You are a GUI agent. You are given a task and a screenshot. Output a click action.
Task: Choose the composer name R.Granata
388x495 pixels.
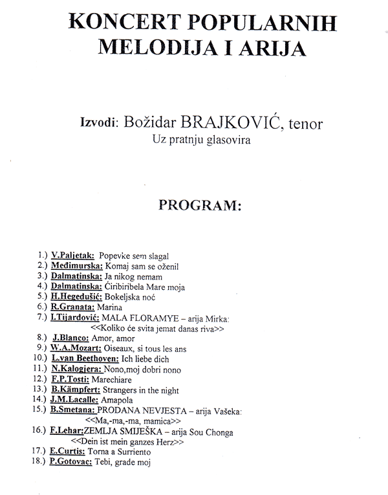click(73, 307)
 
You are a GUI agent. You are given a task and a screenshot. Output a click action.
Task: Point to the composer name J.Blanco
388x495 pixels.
click(74, 338)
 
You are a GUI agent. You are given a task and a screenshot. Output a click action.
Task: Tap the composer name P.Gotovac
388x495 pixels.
click(74, 463)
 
